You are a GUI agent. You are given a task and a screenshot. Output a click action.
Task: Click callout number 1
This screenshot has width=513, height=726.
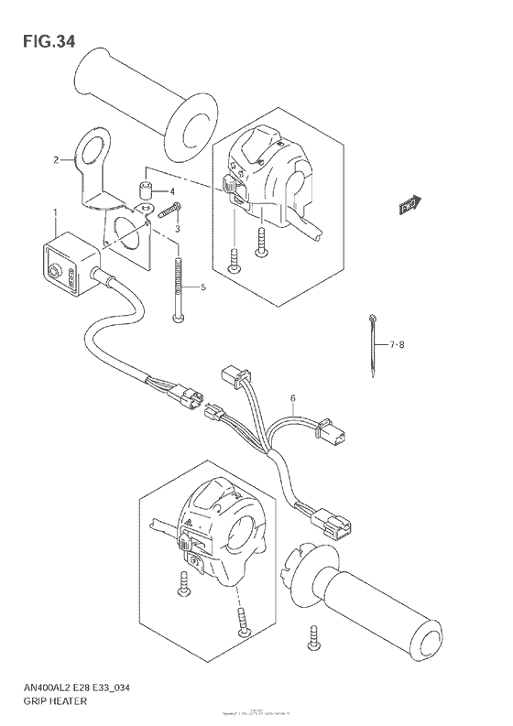point(56,213)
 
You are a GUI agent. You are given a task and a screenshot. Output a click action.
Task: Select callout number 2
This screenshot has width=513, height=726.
point(56,160)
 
